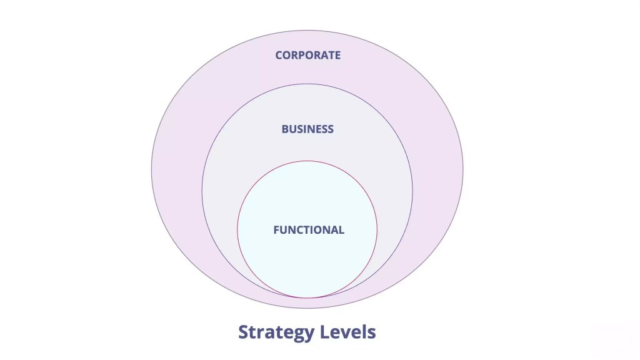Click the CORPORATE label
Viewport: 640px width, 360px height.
(307, 55)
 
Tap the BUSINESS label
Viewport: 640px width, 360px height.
(307, 129)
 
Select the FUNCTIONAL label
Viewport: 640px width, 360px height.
(308, 230)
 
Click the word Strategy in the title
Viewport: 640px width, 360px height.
(276, 332)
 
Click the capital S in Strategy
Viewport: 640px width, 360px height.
(244, 331)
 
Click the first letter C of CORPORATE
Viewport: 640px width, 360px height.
(279, 55)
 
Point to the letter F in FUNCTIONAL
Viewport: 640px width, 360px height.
(276, 230)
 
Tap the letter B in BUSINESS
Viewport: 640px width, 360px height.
(285, 129)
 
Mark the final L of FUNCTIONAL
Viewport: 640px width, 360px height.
(341, 230)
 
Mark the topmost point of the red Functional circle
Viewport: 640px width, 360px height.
(307, 161)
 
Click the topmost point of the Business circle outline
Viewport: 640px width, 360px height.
(307, 84)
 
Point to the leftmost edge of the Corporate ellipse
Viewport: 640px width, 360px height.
(151, 169)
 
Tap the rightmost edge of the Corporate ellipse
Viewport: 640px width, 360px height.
(463, 169)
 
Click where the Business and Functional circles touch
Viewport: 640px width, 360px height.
(307, 297)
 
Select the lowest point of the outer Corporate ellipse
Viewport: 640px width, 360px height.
(307, 308)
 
